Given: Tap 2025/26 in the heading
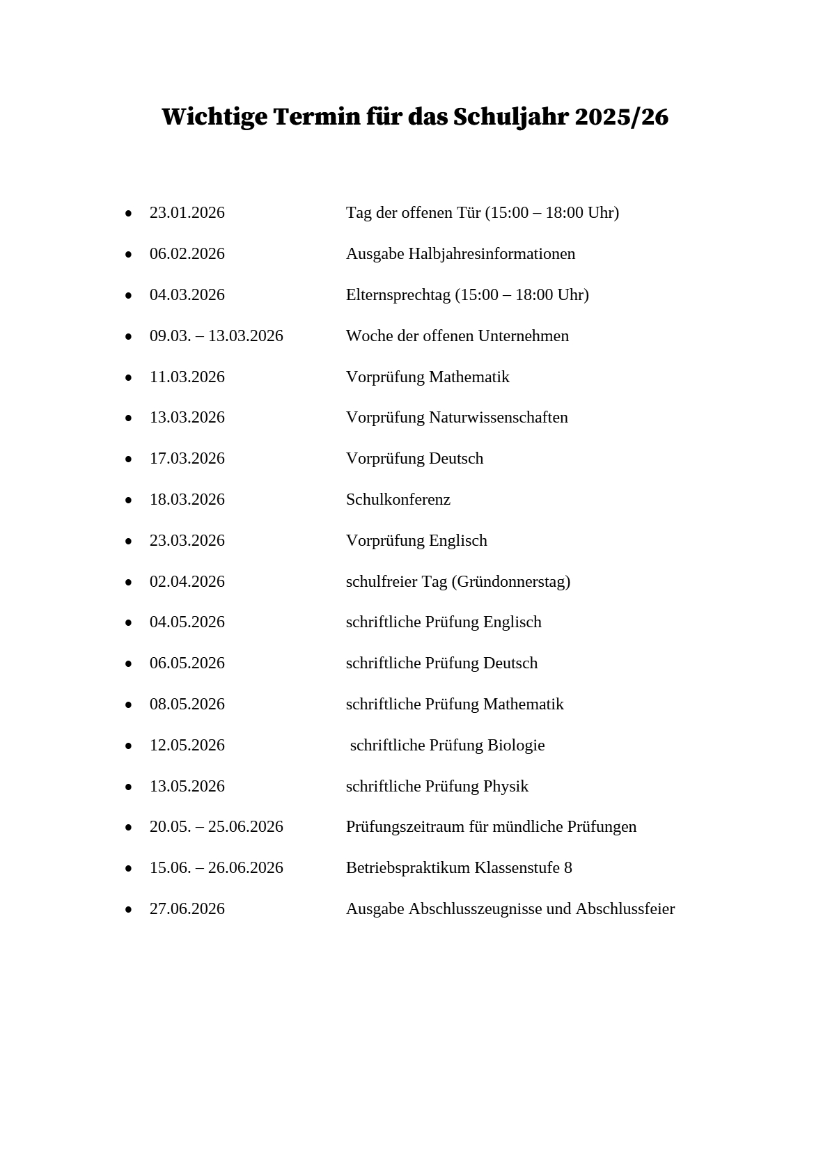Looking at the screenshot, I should coord(621,118).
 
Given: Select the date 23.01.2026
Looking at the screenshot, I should coord(187,213).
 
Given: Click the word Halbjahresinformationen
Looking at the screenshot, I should coord(492,254).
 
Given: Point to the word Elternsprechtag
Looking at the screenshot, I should coord(398,295).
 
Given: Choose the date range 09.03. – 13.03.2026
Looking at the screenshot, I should coord(216,336).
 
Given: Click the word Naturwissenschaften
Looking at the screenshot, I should coord(498,418).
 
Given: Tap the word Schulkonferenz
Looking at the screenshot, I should coord(398,500).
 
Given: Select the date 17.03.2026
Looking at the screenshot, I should coord(187,459).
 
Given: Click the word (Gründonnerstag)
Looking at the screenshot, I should coord(510,582).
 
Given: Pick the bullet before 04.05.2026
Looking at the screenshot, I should coord(128,623).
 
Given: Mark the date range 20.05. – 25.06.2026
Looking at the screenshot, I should coord(216,827).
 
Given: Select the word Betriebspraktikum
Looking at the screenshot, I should coord(407,868).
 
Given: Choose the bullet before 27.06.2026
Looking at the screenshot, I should coord(128,910).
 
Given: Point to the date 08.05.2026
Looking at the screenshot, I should coord(187,704).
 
